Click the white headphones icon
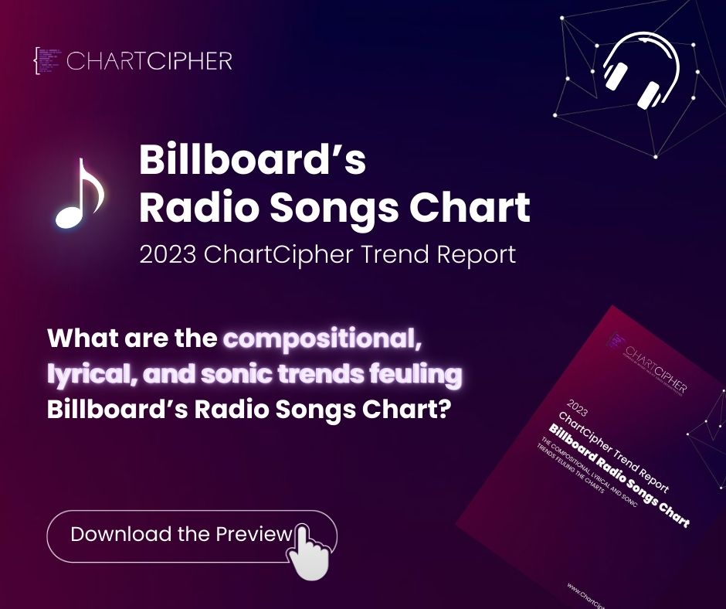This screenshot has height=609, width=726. (640, 69)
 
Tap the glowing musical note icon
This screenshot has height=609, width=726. (78, 193)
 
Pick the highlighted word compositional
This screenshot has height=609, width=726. (324, 339)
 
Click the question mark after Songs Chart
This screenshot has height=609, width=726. (443, 410)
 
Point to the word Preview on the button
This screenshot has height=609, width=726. (254, 534)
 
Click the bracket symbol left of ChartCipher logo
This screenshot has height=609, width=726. (37, 61)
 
